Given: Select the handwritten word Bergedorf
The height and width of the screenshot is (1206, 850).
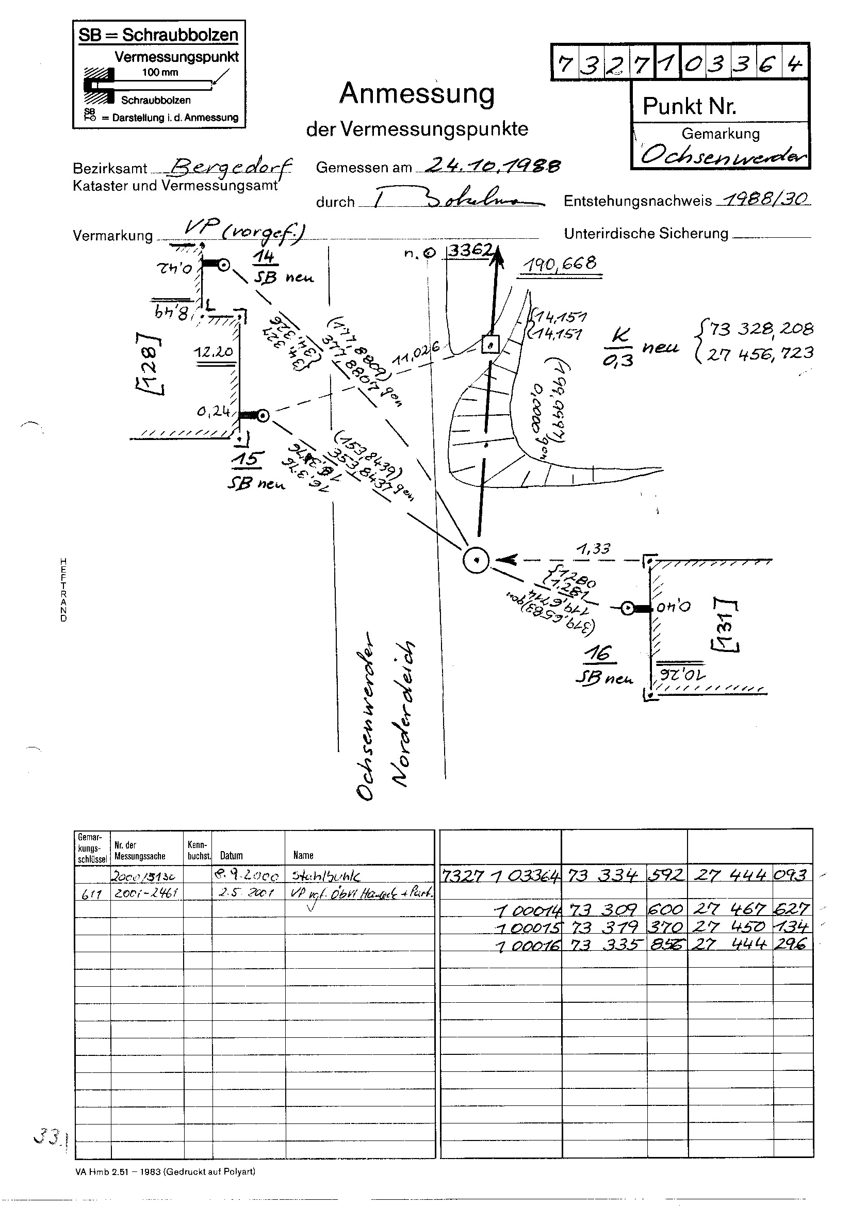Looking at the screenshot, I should pyautogui.click(x=228, y=167).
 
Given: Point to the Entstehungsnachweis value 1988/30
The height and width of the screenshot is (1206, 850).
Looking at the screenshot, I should pyautogui.click(x=766, y=199).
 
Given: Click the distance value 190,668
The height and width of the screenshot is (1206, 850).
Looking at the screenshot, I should pyautogui.click(x=559, y=263).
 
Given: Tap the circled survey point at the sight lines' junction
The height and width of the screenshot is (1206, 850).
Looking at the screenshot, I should pyautogui.click(x=476, y=560).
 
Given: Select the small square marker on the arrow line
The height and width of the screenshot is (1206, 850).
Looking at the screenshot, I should pyautogui.click(x=490, y=345).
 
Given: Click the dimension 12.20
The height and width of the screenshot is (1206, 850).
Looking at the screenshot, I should pyautogui.click(x=214, y=351).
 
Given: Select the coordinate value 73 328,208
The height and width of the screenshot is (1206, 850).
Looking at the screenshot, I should pyautogui.click(x=761, y=329).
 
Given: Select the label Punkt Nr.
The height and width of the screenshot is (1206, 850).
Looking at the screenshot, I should pyautogui.click(x=689, y=107).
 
